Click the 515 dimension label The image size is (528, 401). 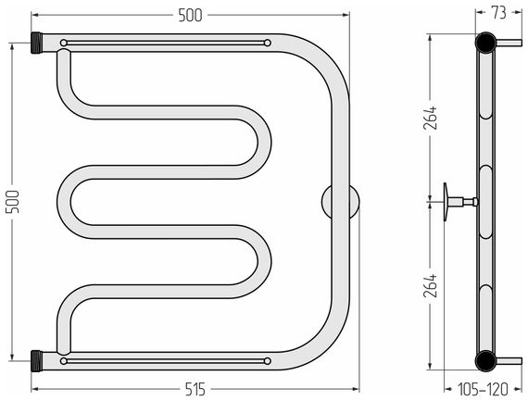pyautogui.click(x=195, y=390)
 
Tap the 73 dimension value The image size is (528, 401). pyautogui.click(x=498, y=13)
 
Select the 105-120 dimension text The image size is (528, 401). pyautogui.click(x=483, y=390)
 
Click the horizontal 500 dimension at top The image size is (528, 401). pyautogui.click(x=190, y=15)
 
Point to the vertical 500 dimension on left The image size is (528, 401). pyautogui.click(x=12, y=201)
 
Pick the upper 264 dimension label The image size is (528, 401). pyautogui.click(x=430, y=118)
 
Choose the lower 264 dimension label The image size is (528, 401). pyautogui.click(x=430, y=285)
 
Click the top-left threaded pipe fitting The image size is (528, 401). pyautogui.click(x=36, y=43)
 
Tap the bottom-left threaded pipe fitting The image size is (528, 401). pyautogui.click(x=36, y=361)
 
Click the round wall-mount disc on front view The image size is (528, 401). pyautogui.click(x=340, y=201)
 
